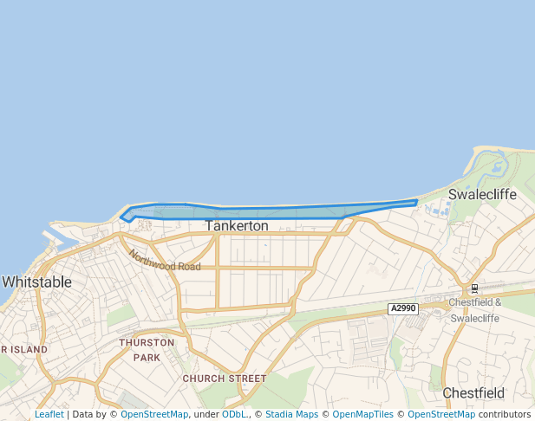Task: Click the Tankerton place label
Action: (x=237, y=225)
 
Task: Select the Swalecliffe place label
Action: (x=482, y=194)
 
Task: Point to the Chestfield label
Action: (x=473, y=392)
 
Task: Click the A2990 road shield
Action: (x=403, y=308)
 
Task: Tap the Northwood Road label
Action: (x=165, y=261)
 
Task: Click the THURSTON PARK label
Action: (x=147, y=349)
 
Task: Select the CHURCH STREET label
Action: (x=224, y=379)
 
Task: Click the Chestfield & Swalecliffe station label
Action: (x=475, y=309)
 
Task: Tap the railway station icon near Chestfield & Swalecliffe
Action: (x=473, y=288)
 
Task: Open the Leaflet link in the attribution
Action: (x=49, y=415)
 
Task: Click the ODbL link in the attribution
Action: (x=233, y=415)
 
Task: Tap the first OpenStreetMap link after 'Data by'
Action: (x=154, y=415)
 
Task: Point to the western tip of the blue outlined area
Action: (x=121, y=217)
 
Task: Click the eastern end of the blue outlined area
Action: (x=416, y=202)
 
